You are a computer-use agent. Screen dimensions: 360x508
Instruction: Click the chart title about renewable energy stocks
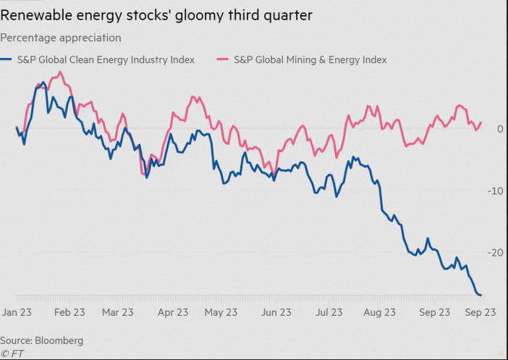[x=156, y=15]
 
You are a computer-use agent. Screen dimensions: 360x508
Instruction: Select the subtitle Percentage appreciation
[x=61, y=38]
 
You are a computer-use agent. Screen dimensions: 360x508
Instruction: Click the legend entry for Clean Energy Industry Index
[x=106, y=60]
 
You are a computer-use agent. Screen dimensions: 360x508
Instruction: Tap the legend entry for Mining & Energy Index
[x=310, y=60]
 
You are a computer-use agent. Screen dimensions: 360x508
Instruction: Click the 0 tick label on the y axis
[x=499, y=129]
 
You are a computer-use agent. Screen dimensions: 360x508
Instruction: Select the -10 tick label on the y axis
[x=496, y=191]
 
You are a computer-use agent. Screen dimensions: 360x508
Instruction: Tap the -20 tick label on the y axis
[x=496, y=253]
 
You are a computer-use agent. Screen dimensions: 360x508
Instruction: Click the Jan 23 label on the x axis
[x=17, y=313]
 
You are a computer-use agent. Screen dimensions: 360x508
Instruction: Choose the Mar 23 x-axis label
[x=118, y=313]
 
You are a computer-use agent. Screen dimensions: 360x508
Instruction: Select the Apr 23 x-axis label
[x=172, y=313]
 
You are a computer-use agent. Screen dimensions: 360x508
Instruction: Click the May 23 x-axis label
[x=221, y=313]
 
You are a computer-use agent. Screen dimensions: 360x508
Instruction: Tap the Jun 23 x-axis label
[x=275, y=313]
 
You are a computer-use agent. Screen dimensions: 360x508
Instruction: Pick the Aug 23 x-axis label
[x=379, y=313]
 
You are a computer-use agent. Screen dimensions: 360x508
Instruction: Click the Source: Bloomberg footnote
[x=41, y=340]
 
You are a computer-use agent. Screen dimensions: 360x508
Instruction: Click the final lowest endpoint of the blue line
[x=481, y=295]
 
